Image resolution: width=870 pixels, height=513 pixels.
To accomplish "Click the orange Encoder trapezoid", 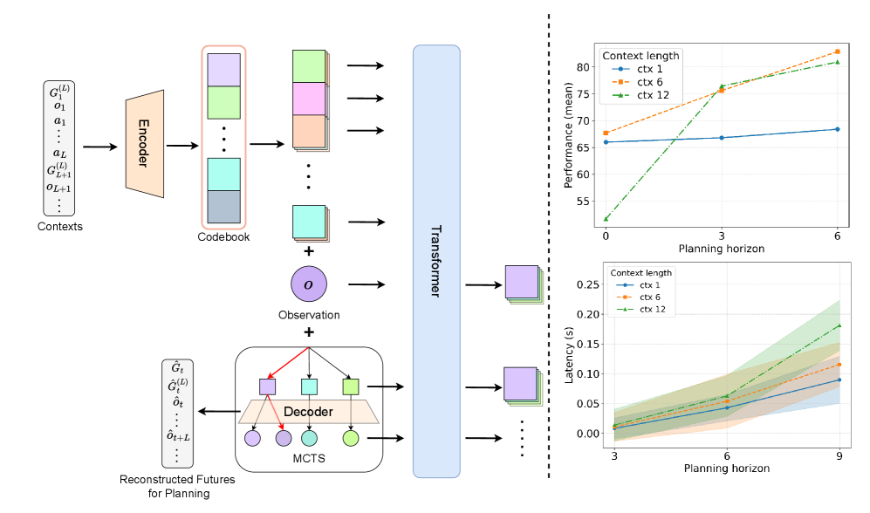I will point(144,145).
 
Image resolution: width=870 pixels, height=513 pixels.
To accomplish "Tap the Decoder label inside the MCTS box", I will point(310,410).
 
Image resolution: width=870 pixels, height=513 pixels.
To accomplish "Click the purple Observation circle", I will point(308,284).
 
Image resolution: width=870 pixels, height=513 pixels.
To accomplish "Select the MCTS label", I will point(310,455).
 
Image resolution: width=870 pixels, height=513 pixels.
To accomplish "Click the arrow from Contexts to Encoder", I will point(99,147).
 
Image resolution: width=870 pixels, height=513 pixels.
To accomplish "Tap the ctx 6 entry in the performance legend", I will point(650,81).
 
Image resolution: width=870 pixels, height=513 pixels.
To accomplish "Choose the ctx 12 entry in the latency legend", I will point(651,309).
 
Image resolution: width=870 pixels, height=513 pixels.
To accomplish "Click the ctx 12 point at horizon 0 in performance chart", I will point(606,219).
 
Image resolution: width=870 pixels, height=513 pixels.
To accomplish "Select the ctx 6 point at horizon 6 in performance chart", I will point(838,51).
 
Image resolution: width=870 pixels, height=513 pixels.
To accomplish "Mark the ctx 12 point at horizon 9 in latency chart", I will point(839,325).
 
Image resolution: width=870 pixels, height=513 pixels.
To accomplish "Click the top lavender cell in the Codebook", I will point(224,69).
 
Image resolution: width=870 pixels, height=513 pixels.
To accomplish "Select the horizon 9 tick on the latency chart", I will point(839,455).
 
